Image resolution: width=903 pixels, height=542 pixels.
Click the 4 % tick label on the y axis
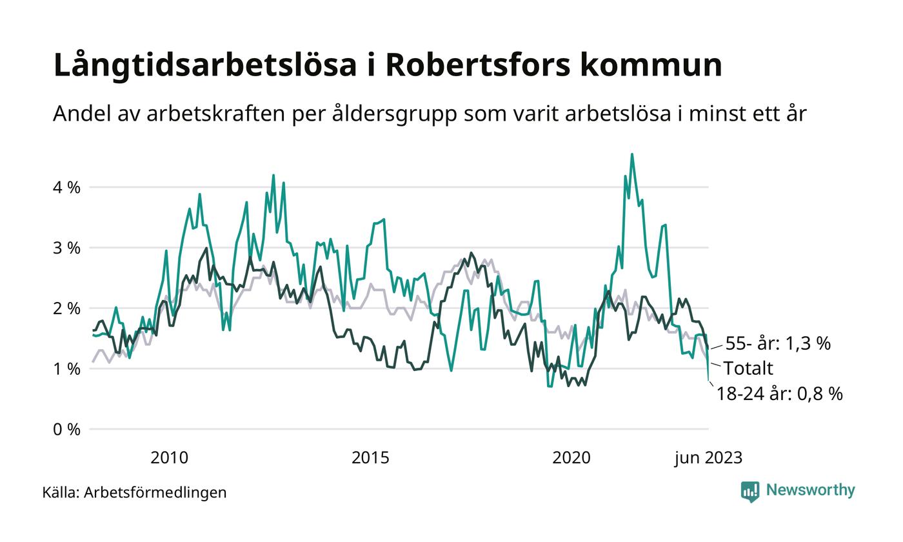(67, 188)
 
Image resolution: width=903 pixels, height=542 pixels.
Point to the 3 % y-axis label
(67, 248)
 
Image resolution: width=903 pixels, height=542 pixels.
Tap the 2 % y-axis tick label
(67, 308)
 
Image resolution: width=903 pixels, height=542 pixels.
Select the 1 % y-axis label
(67, 369)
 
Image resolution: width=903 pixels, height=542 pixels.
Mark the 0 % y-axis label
(67, 430)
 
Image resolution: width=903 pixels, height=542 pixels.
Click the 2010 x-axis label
(169, 458)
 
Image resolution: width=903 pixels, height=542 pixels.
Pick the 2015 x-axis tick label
(370, 458)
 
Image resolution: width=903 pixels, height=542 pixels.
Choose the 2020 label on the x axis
(571, 458)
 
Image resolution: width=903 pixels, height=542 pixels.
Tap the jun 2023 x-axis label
(708, 458)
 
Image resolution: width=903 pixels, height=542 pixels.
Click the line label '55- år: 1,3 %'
(778, 343)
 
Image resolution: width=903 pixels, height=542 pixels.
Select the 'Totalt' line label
(748, 368)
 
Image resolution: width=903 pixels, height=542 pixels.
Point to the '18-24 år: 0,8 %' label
(779, 394)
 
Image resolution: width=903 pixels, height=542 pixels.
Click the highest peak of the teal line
(631, 154)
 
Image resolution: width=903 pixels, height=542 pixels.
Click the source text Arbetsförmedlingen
(155, 492)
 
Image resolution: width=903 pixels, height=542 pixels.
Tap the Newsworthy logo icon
(750, 492)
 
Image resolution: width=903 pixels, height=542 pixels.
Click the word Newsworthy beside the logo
(810, 490)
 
